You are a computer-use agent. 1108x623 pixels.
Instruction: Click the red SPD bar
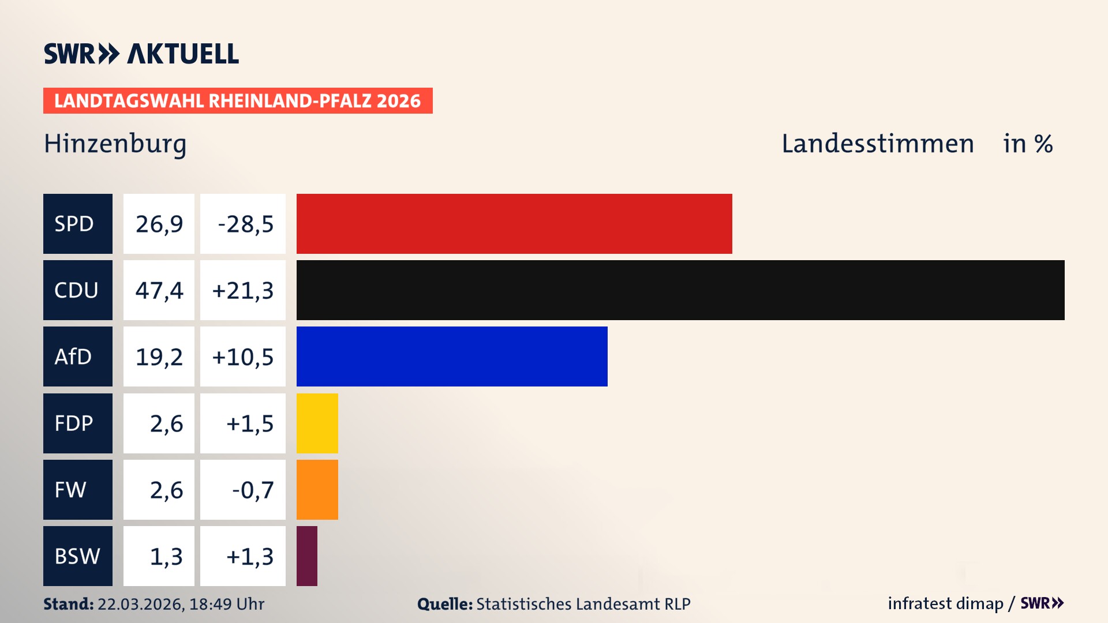(514, 224)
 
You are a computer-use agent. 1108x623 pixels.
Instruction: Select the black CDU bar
(680, 290)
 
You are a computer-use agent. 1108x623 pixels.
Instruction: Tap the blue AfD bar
(452, 356)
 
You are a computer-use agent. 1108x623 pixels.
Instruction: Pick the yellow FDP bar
(317, 423)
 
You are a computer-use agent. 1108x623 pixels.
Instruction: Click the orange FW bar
(317, 490)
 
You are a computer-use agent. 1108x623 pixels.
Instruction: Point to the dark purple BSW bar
(307, 556)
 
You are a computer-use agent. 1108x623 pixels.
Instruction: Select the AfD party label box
(77, 356)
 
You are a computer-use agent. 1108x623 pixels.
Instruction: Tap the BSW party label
(77, 556)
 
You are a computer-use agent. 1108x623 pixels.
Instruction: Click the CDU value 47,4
(159, 290)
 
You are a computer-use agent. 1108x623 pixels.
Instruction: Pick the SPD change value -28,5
(245, 224)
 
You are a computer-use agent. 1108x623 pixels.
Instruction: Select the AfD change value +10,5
(243, 356)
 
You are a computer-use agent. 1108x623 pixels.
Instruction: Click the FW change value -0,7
(252, 490)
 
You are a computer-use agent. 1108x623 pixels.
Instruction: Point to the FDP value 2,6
(166, 423)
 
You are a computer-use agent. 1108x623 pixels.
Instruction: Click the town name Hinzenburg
(115, 144)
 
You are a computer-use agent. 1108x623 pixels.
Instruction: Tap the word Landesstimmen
(877, 144)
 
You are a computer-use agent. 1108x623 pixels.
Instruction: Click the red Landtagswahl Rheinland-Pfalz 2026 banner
(238, 101)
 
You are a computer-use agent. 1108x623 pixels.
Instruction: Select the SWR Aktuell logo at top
(141, 54)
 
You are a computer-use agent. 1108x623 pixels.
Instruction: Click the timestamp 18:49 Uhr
(226, 604)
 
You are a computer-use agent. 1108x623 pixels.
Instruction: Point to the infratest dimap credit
(945, 603)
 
